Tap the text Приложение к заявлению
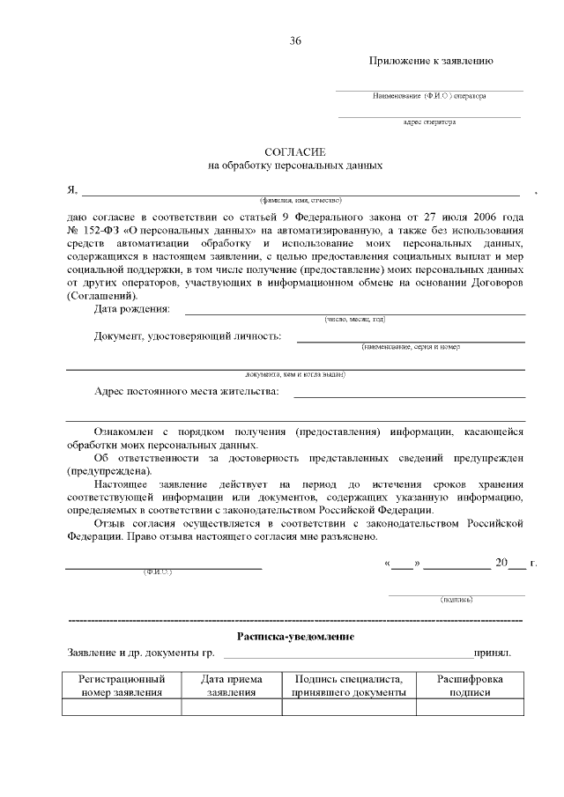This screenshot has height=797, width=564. tap(430, 61)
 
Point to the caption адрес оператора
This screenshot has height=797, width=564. tap(429, 122)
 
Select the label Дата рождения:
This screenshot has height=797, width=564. tap(132, 309)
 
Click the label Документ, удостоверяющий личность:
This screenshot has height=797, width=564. tap(188, 336)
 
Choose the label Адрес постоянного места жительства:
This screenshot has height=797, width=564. tap(186, 392)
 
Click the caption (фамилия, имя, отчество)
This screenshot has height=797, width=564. tap(294, 200)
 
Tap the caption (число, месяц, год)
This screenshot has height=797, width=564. tap(354, 319)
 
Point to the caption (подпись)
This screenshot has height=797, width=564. tap(456, 600)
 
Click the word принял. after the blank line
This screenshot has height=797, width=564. tap(493, 653)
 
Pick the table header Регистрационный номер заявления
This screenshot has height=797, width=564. tap(122, 686)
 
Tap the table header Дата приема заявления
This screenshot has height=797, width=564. tap(231, 686)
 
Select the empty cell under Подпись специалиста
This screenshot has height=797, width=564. tap(348, 707)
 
